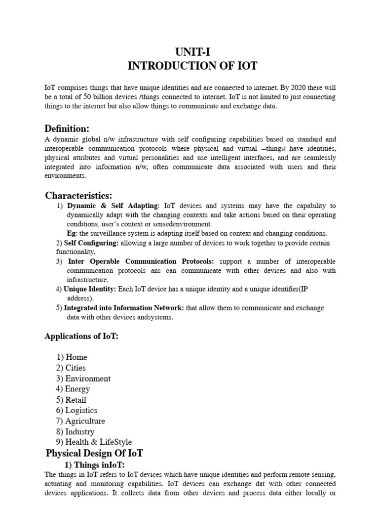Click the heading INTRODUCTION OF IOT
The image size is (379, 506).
(x=192, y=66)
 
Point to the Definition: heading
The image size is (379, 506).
(x=67, y=129)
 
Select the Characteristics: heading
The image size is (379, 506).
(x=78, y=195)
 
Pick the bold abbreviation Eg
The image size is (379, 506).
(x=71, y=233)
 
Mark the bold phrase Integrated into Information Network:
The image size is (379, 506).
(x=124, y=308)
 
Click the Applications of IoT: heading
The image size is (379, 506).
(x=81, y=337)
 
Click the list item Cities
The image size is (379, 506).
(x=76, y=368)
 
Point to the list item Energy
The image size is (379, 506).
(x=77, y=389)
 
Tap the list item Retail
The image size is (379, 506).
(x=76, y=400)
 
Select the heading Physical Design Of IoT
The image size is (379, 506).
(x=94, y=453)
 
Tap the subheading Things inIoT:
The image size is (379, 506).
(x=99, y=465)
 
